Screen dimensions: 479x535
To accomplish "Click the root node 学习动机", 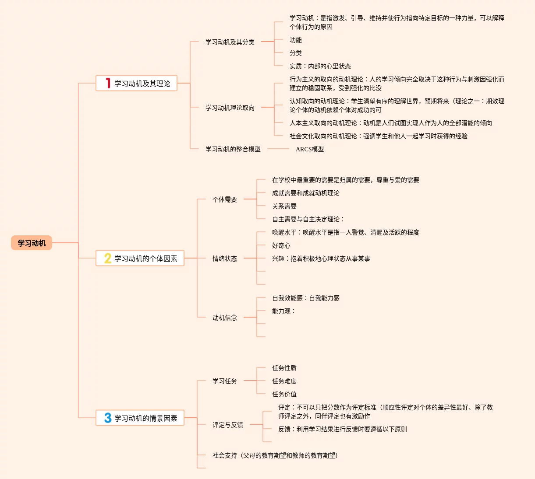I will [x=32, y=243].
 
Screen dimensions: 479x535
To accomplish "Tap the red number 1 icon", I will [x=108, y=83].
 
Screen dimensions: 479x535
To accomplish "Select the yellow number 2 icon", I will [x=108, y=258].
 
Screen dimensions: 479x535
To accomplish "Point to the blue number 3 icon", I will [x=108, y=418].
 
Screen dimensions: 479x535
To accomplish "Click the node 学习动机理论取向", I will [x=230, y=108].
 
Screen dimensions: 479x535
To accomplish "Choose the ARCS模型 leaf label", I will [x=310, y=149].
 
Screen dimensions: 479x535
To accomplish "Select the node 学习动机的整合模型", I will [x=233, y=149].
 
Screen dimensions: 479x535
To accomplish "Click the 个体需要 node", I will [x=225, y=199].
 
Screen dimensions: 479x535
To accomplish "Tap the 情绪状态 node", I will [x=225, y=259].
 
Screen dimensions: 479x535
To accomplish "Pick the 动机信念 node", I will [x=225, y=318].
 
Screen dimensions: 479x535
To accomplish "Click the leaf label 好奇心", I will [x=281, y=245].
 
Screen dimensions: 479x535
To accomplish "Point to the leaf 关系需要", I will [x=284, y=206].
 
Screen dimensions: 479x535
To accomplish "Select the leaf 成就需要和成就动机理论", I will [x=306, y=193].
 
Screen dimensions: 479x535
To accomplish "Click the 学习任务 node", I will [x=225, y=381].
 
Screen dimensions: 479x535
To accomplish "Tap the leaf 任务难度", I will [x=284, y=381].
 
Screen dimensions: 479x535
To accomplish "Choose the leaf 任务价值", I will [x=284, y=394].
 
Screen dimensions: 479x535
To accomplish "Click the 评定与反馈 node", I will [x=228, y=425].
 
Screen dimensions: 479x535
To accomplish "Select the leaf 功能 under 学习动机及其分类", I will [x=296, y=40].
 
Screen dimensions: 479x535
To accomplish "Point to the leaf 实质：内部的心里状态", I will [x=320, y=66].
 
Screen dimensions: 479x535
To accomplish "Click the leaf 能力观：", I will [x=284, y=311].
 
